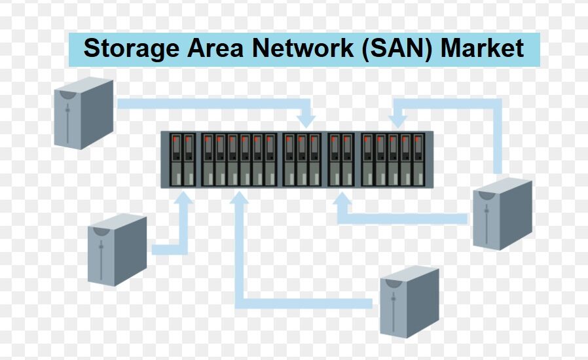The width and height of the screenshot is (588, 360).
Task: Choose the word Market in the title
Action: (483, 49)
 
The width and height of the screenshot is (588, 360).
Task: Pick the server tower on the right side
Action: (502, 213)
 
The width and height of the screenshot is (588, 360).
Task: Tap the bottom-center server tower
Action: (410, 300)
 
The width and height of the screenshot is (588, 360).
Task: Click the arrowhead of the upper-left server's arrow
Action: (306, 120)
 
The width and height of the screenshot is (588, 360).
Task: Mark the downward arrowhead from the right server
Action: (397, 120)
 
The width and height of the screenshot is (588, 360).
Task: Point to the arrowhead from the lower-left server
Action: (184, 199)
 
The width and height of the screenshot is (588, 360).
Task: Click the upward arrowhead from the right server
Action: (340, 199)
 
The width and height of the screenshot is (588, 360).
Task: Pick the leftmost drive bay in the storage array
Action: (175, 160)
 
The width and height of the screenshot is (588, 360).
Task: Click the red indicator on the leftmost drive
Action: (175, 140)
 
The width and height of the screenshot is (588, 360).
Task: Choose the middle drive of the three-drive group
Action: (303, 160)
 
